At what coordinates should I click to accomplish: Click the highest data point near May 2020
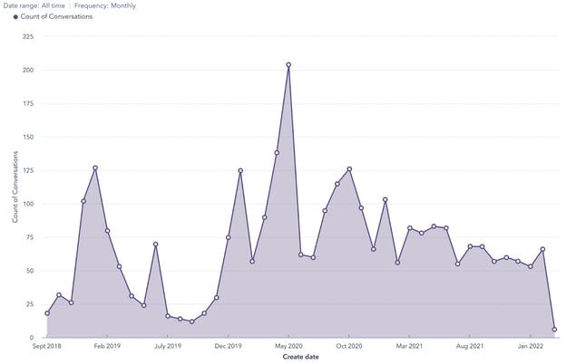[288, 65]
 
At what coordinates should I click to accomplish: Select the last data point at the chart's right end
[554, 330]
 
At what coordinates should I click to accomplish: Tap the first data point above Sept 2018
[47, 313]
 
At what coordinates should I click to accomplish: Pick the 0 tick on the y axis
[32, 338]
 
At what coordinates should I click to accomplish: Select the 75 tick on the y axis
[29, 237]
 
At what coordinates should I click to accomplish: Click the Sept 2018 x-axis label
[47, 346]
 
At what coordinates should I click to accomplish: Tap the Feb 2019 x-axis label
[107, 346]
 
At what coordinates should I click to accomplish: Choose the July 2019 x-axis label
[168, 346]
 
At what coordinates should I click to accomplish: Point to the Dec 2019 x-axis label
[228, 346]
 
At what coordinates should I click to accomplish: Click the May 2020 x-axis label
[288, 346]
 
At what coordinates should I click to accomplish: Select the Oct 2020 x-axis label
[349, 346]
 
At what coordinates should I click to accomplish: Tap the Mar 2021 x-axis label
[410, 346]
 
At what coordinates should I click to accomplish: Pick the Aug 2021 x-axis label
[470, 346]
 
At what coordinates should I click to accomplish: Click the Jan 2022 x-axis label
[531, 346]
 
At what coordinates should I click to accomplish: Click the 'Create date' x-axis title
[300, 357]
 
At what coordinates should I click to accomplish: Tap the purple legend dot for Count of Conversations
[15, 16]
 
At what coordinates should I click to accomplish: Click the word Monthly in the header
[123, 5]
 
